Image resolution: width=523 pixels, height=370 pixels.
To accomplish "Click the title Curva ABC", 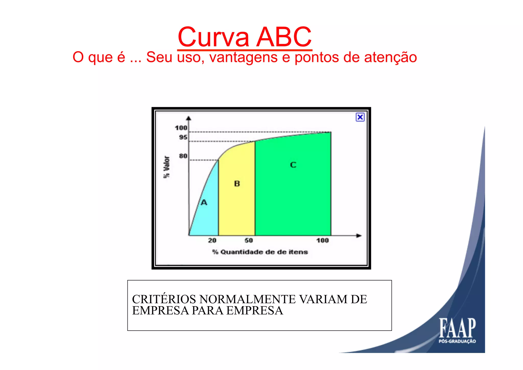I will pyautogui.click(x=245, y=37).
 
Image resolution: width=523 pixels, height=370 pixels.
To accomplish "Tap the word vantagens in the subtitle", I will pyautogui.click(x=243, y=57).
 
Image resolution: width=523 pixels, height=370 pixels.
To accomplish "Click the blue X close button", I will pyautogui.click(x=360, y=117).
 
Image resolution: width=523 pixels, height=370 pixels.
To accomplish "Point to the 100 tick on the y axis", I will pyautogui.click(x=181, y=128).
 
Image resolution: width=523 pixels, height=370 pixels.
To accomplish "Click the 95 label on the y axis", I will pyautogui.click(x=183, y=137).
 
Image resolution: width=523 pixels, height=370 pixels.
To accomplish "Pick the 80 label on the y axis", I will pyautogui.click(x=183, y=156).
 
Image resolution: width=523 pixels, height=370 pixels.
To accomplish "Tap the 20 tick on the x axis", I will pyautogui.click(x=212, y=240).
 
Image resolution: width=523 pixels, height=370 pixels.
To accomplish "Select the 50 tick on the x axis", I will pyautogui.click(x=248, y=240).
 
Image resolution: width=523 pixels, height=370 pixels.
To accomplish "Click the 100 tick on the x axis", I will pyautogui.click(x=322, y=240).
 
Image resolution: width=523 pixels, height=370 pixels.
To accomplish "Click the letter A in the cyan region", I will pyautogui.click(x=204, y=203).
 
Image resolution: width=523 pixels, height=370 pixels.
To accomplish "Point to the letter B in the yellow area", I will pyautogui.click(x=237, y=184).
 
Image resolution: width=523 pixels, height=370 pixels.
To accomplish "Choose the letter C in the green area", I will pyautogui.click(x=293, y=165).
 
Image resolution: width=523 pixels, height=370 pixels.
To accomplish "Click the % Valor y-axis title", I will pyautogui.click(x=167, y=167).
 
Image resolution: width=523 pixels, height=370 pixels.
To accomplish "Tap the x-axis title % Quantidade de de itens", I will pyautogui.click(x=260, y=252).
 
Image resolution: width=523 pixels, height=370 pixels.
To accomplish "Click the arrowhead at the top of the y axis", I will pyautogui.click(x=189, y=118).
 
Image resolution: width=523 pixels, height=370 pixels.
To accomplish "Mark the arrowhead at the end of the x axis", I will pyautogui.click(x=359, y=236).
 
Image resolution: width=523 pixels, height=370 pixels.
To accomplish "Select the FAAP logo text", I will pyautogui.click(x=457, y=328).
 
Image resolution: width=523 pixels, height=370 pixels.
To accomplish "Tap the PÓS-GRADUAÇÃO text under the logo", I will pyautogui.click(x=457, y=341).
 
